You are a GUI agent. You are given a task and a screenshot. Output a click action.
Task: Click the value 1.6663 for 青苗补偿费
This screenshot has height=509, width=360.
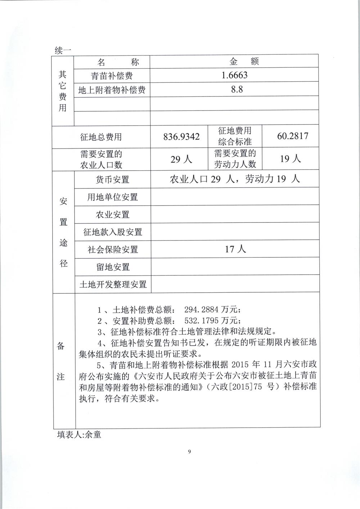pos(234,75)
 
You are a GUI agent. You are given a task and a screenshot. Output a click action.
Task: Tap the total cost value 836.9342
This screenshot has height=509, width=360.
pos(181,137)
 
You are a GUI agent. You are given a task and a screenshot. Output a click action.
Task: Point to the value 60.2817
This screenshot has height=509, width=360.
pos(293,136)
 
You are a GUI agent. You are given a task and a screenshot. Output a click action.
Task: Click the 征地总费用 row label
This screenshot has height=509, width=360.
pos(101,137)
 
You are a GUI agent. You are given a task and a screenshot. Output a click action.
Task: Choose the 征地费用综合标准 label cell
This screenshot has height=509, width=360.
pos(235,136)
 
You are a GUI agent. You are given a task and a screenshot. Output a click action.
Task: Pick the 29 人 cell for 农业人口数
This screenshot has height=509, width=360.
pos(181,159)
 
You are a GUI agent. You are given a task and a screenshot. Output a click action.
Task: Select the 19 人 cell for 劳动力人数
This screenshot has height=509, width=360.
pos(291,158)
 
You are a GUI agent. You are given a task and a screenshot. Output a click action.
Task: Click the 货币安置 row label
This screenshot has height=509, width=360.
pos(112,179)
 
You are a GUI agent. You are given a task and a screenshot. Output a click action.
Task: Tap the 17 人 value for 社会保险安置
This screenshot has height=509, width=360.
pos(235,249)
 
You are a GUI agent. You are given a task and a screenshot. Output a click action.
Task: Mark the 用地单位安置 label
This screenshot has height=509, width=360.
pos(112,197)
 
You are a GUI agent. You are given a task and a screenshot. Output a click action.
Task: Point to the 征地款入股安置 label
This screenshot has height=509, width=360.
pos(112,232)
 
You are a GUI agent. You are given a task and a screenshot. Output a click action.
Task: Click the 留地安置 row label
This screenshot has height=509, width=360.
pos(112,267)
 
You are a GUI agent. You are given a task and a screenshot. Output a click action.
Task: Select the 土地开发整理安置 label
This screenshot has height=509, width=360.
pos(112,284)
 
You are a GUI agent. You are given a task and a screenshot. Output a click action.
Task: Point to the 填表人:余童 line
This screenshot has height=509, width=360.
pos(79,434)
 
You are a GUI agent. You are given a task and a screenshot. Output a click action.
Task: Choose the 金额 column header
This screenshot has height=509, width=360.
pos(243,62)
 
